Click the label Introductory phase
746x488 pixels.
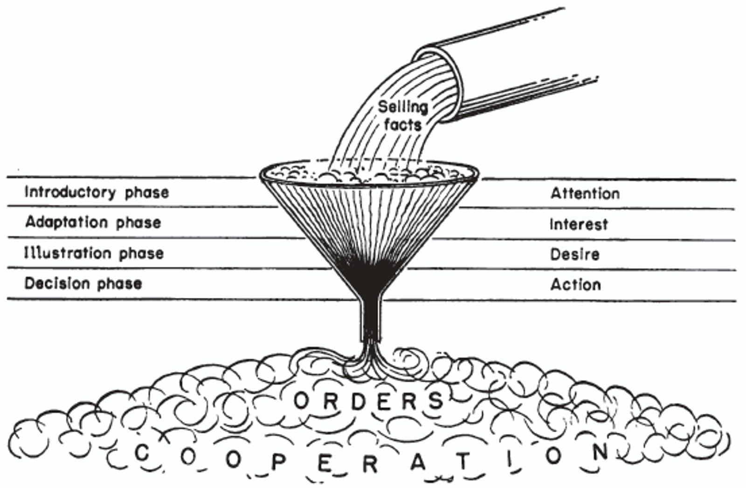point(97,192)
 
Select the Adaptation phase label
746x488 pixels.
point(93,222)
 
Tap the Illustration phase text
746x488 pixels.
point(94,253)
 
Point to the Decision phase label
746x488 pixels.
point(83,283)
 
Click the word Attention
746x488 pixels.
point(585,193)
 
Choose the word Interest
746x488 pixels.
point(579,224)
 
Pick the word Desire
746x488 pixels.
point(574,254)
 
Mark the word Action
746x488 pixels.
point(575,284)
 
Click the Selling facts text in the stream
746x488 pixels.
point(402,116)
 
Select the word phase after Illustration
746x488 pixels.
point(141,254)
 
